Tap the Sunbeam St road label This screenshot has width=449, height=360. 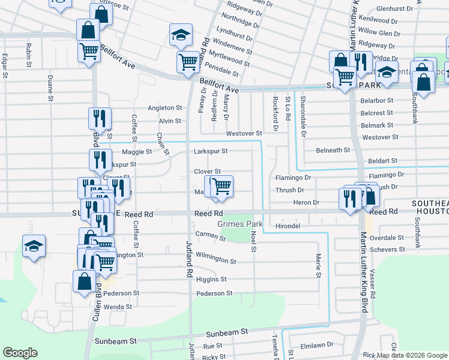click(228, 331)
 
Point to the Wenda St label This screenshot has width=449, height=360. click(118, 307)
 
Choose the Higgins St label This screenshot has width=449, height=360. click(211, 280)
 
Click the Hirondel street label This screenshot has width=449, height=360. click(287, 226)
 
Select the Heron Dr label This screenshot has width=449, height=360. click(307, 203)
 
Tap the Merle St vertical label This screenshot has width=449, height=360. click(319, 265)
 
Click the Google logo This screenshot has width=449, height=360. click(20, 353)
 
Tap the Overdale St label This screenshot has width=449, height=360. click(387, 238)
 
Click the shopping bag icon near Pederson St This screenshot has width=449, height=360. click(83, 280)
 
